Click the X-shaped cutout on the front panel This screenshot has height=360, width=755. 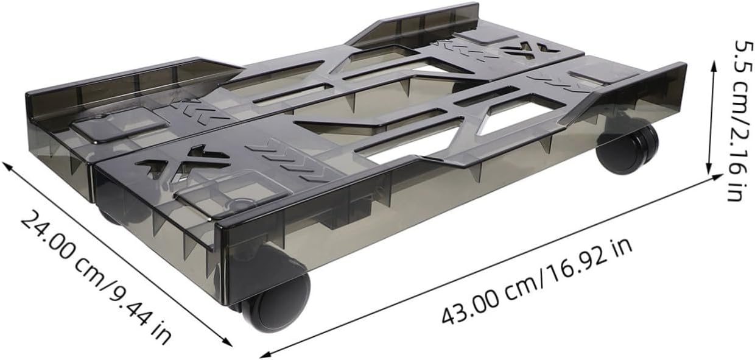click(x=183, y=161)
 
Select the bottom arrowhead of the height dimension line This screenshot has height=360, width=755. click(x=709, y=169)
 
